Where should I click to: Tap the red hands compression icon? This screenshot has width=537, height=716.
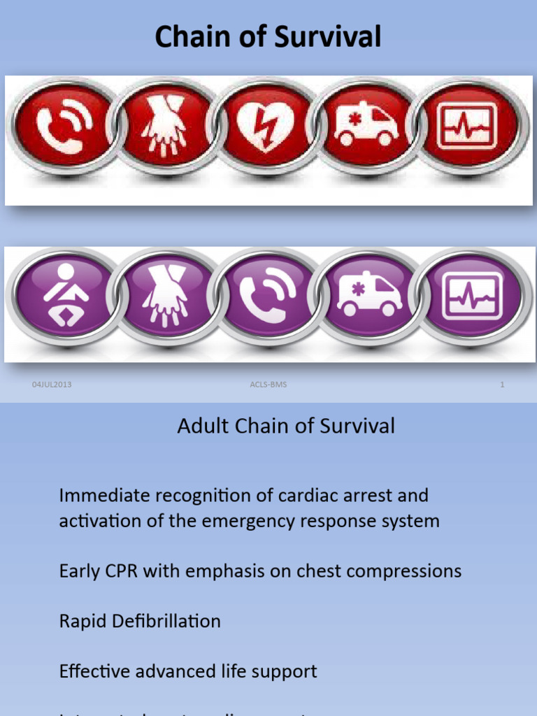(x=164, y=126)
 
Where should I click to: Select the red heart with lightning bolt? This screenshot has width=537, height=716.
(x=265, y=126)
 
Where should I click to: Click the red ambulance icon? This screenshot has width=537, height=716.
(x=365, y=126)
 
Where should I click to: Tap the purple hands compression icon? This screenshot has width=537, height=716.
(x=165, y=296)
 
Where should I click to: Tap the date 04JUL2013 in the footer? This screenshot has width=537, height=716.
(x=52, y=385)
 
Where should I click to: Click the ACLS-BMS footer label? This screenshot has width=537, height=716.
(x=268, y=385)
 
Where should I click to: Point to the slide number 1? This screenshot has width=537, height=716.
(x=502, y=385)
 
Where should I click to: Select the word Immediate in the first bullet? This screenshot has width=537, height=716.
(x=104, y=496)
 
